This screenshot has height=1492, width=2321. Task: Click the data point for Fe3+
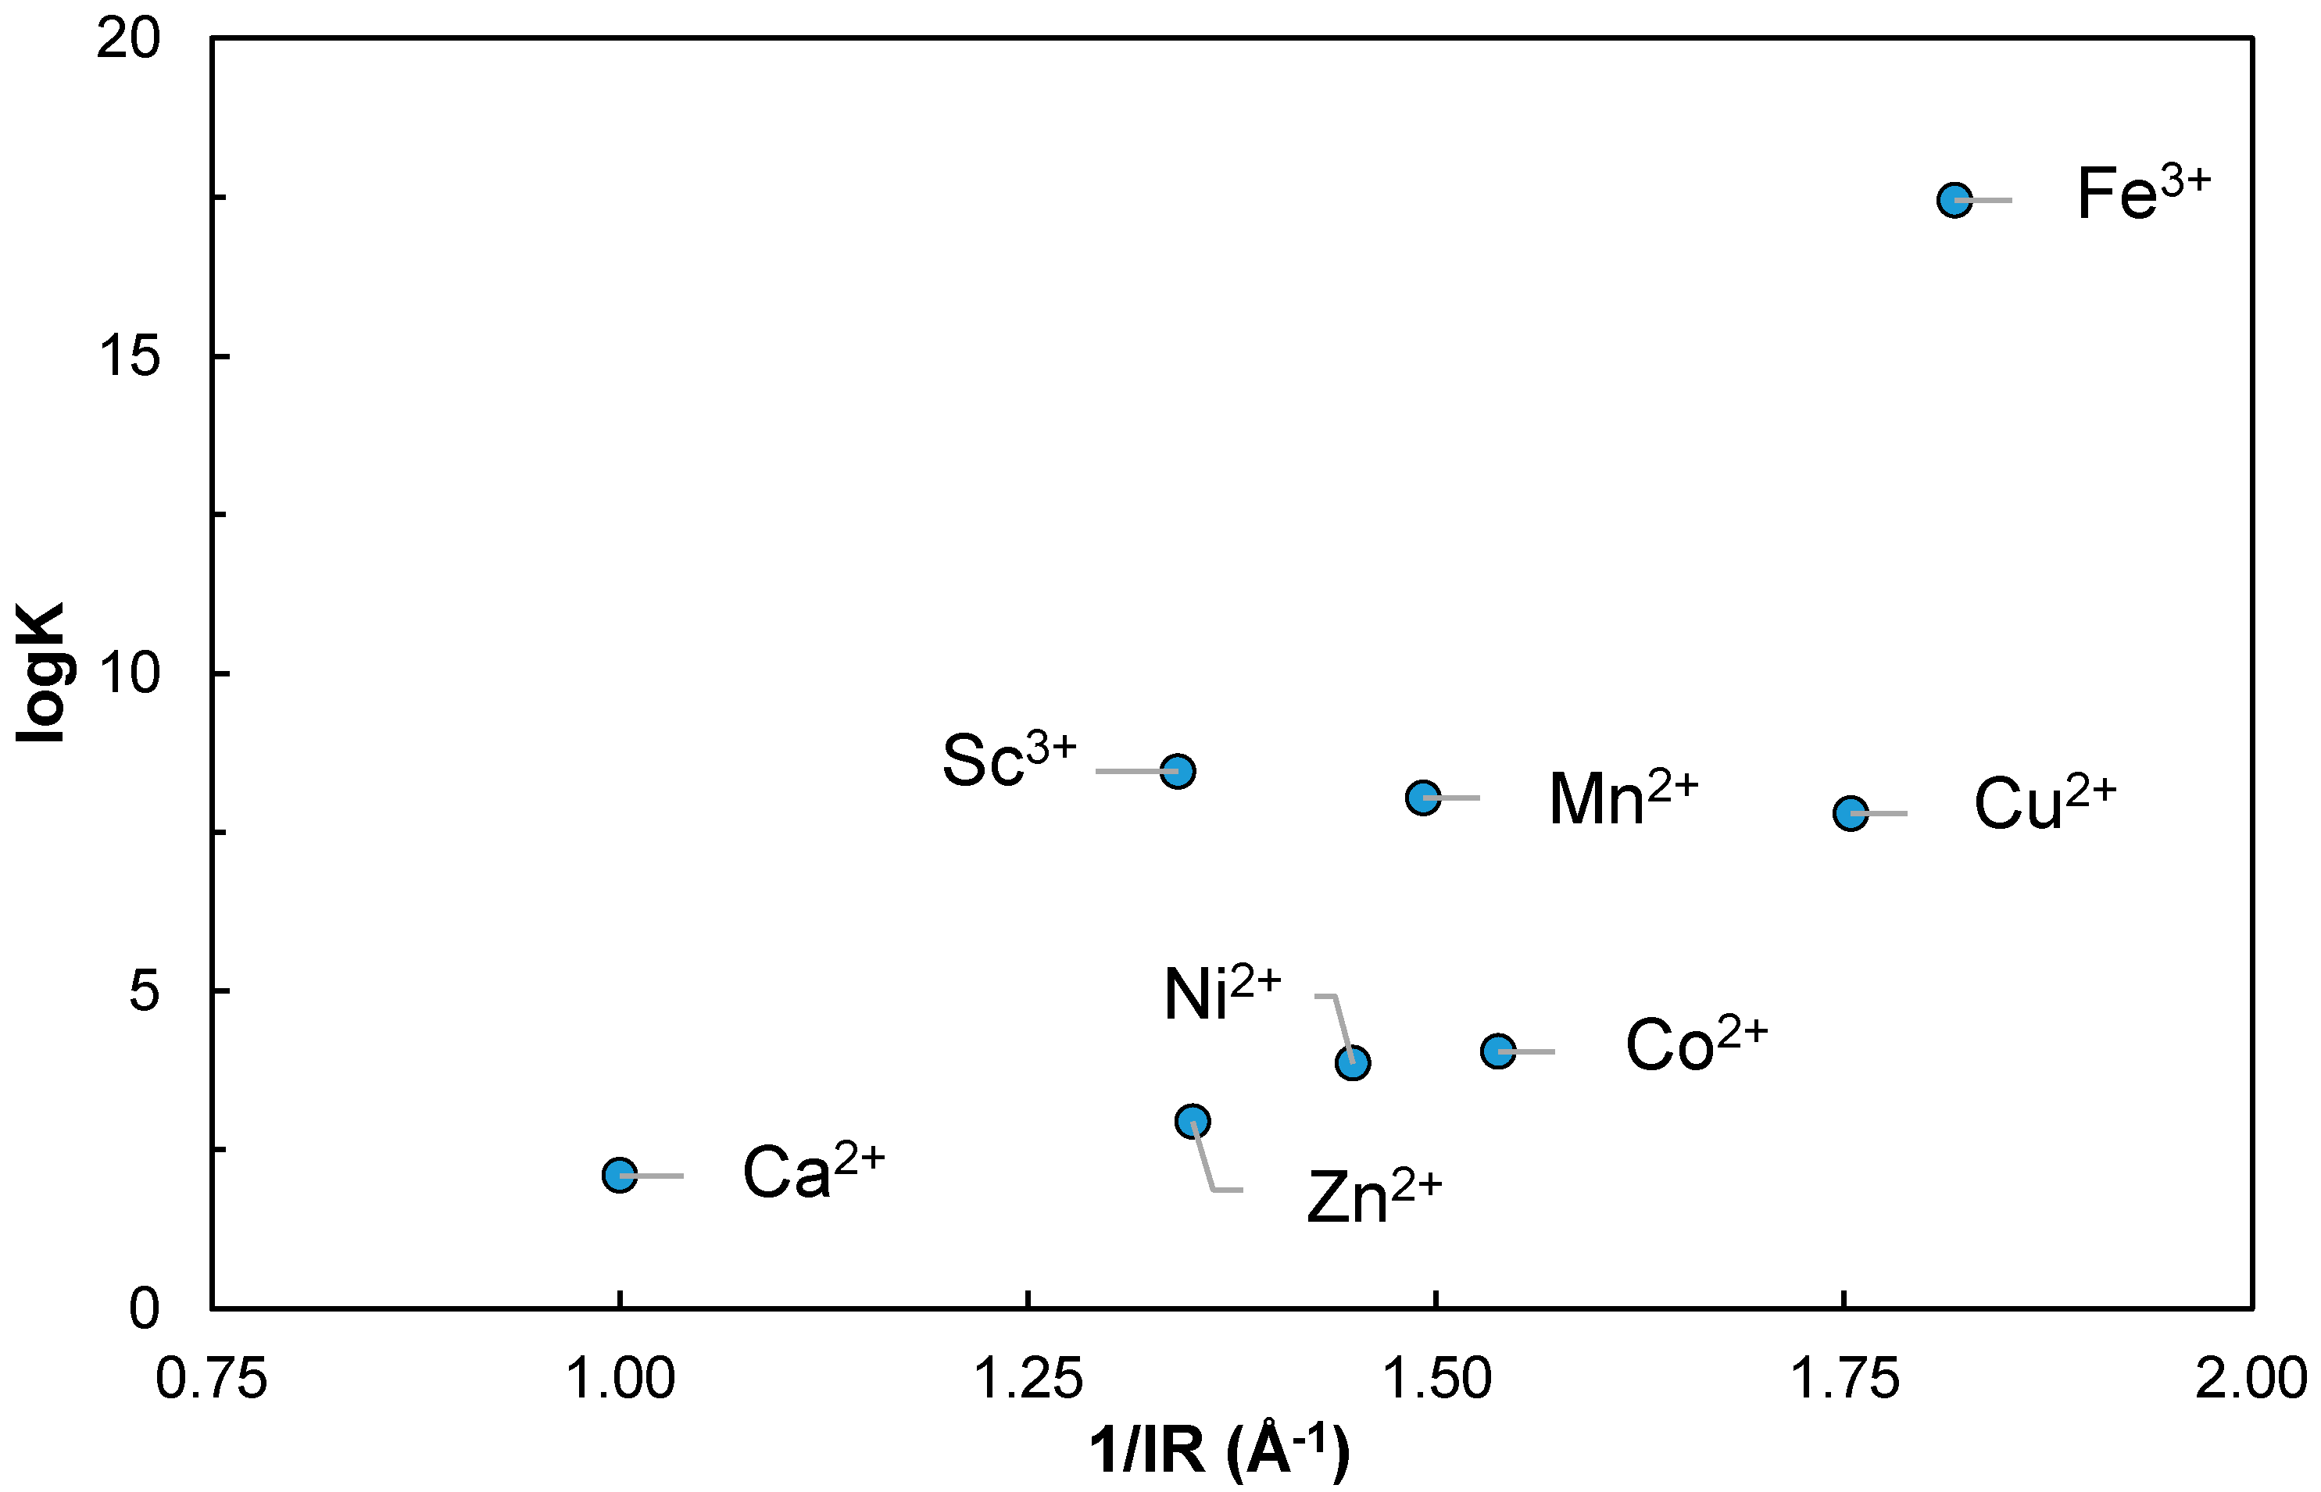tap(1954, 201)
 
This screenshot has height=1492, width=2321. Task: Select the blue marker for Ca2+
tap(619, 1175)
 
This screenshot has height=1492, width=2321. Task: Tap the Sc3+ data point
tap(1178, 771)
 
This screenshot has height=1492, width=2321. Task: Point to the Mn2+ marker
tap(1422, 798)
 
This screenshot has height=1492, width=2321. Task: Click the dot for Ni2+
tap(1352, 1063)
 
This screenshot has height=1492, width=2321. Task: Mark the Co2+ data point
tap(1498, 1051)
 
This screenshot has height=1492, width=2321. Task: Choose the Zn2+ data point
tap(1192, 1122)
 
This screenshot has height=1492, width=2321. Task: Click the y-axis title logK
tap(41, 673)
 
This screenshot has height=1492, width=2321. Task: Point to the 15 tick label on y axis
tap(129, 356)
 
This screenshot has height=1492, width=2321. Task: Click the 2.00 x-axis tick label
tap(2250, 1380)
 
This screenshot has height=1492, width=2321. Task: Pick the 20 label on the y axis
tap(129, 40)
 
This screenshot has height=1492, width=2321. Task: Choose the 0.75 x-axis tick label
tap(211, 1380)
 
